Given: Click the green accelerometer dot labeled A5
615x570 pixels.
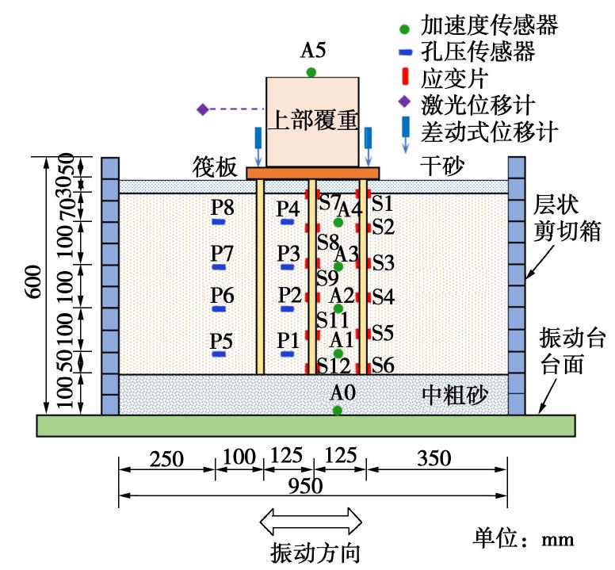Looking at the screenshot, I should [x=311, y=72].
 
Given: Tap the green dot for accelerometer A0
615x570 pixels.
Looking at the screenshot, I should [x=338, y=411].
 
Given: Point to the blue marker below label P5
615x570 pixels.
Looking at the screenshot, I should [x=219, y=354].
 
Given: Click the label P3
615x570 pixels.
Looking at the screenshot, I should [x=289, y=253].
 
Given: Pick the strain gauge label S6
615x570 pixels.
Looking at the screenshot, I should [x=384, y=365].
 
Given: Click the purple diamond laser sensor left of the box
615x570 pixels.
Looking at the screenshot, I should [x=203, y=109].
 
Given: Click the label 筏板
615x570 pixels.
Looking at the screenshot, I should [x=216, y=168].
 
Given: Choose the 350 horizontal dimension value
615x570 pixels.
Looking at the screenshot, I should [x=435, y=459].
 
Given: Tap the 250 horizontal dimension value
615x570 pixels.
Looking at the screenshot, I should [x=166, y=459].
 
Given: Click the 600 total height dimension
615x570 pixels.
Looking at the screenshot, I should [x=32, y=286].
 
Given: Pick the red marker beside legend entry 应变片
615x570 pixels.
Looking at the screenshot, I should [x=406, y=78].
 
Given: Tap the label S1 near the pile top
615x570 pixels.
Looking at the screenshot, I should [x=384, y=202].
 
